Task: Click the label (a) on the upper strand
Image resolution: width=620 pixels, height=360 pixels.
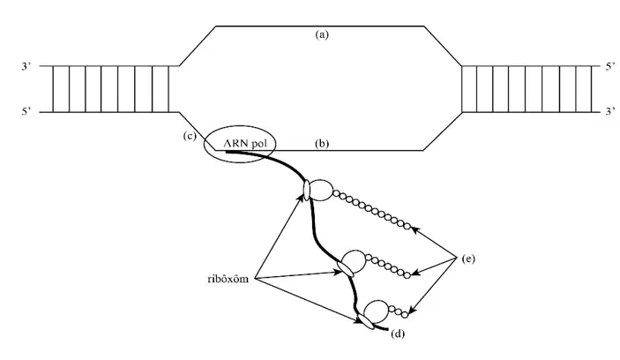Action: click(322, 34)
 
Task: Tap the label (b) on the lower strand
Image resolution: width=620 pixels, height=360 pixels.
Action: click(322, 144)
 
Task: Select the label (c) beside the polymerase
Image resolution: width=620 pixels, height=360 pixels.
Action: click(190, 136)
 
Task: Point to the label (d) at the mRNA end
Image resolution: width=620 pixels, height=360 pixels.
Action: click(398, 334)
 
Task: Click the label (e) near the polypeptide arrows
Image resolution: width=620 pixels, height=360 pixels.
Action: click(468, 259)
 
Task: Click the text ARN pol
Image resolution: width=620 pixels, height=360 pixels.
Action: click(245, 143)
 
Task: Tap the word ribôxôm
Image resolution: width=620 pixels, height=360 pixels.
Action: click(228, 279)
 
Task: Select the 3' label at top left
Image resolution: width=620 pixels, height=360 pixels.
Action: click(26, 66)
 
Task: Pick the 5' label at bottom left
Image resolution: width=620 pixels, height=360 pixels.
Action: click(26, 112)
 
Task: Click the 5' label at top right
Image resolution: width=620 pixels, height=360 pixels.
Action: click(610, 66)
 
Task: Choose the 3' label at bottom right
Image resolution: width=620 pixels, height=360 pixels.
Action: click(610, 112)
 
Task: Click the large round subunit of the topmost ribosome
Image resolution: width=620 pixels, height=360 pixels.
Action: click(320, 191)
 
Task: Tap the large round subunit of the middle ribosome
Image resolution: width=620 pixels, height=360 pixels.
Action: click(354, 261)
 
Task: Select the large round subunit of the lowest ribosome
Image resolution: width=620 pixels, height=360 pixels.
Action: click(377, 311)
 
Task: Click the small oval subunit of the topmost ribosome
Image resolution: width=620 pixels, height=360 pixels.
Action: click(306, 191)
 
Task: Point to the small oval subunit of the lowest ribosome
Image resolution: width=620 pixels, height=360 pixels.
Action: click(365, 322)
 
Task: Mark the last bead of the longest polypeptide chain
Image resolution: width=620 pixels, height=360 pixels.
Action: click(407, 226)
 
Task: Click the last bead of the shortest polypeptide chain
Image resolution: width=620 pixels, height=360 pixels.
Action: click(405, 315)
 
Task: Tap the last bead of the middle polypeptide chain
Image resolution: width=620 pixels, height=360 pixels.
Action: click(407, 275)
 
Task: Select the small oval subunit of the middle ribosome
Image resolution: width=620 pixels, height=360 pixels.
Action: click(345, 269)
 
